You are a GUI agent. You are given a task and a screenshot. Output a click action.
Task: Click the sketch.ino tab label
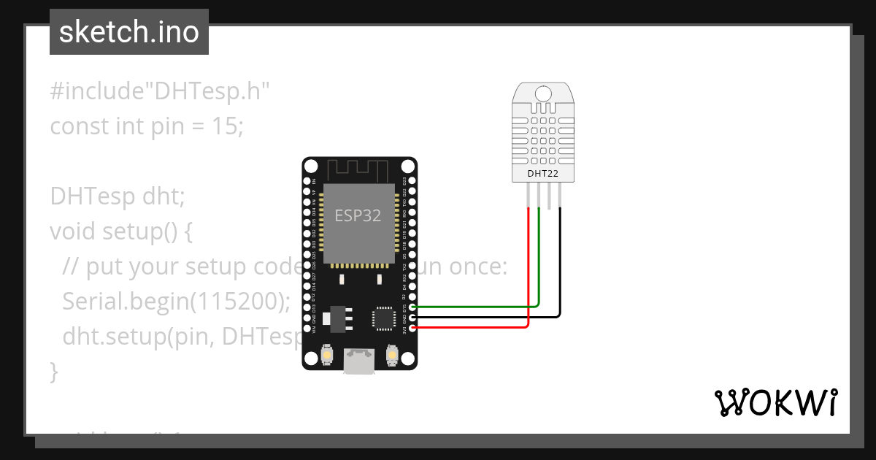pyautogui.click(x=128, y=32)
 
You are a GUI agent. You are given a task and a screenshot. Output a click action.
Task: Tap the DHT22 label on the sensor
pyautogui.click(x=543, y=174)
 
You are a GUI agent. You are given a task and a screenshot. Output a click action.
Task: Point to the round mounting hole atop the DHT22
pyautogui.click(x=543, y=93)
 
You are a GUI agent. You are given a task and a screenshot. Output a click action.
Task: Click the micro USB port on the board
pyautogui.click(x=360, y=361)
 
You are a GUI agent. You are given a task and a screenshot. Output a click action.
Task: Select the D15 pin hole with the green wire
pyautogui.click(x=414, y=307)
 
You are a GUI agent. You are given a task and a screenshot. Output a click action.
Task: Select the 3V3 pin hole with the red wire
pyautogui.click(x=414, y=328)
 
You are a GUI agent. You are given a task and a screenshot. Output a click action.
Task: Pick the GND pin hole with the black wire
pyautogui.click(x=414, y=318)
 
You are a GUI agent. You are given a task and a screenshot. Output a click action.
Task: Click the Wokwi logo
pyautogui.click(x=775, y=402)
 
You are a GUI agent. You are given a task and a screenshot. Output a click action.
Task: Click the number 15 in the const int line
pyautogui.click(x=223, y=126)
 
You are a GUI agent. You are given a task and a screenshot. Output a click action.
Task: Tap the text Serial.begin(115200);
pyautogui.click(x=176, y=301)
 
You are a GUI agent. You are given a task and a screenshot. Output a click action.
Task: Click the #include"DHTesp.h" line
pyautogui.click(x=160, y=91)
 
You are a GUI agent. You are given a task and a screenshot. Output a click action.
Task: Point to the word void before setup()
pyautogui.click(x=73, y=231)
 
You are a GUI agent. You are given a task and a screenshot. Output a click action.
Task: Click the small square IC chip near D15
pyautogui.click(x=383, y=318)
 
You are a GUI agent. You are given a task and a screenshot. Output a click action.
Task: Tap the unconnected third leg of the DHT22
pyautogui.click(x=550, y=193)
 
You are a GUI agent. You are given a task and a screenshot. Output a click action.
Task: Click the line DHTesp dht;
pyautogui.click(x=118, y=196)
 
